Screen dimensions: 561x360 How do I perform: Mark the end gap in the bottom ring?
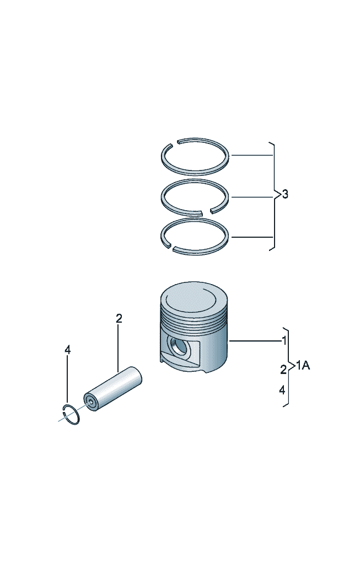click(x=170, y=246)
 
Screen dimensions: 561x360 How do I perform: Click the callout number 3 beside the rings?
click(x=284, y=194)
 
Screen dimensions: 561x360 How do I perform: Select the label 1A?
click(x=303, y=365)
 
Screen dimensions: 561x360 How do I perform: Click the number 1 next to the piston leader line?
click(x=284, y=340)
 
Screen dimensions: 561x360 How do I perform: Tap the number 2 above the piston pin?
click(x=119, y=318)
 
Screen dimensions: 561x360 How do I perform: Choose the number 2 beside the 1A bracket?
click(x=283, y=368)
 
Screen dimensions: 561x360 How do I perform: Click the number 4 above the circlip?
click(x=67, y=350)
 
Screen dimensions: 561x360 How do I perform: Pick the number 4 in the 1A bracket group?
click(x=282, y=390)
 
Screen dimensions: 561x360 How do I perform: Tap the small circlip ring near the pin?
click(x=71, y=414)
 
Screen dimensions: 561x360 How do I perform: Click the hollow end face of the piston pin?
click(x=90, y=401)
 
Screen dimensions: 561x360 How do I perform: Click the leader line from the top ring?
click(x=252, y=156)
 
